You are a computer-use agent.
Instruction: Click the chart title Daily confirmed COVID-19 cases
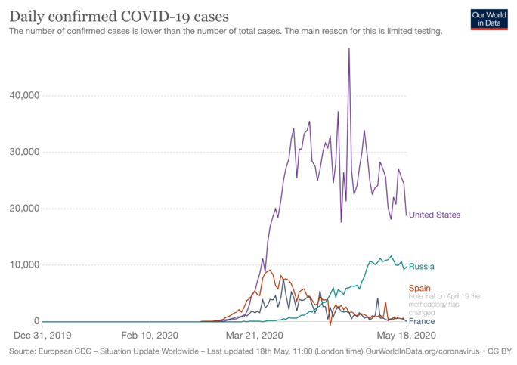119,16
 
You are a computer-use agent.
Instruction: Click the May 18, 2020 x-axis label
407,335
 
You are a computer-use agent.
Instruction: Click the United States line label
435,215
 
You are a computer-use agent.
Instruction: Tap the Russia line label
422,267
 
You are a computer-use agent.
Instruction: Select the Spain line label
419,288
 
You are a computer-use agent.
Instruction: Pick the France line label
421,321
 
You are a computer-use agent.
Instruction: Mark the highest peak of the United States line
348,49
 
